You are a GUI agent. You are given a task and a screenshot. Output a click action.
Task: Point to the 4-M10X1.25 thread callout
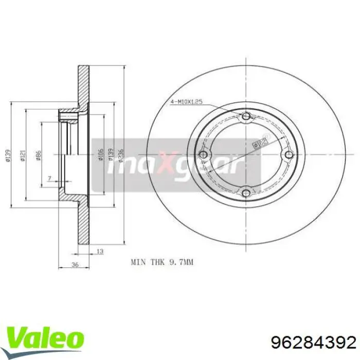[x=186, y=103]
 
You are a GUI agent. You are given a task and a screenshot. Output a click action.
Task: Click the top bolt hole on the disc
[x=246, y=117]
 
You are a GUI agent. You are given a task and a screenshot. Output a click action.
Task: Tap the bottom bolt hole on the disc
[x=246, y=193]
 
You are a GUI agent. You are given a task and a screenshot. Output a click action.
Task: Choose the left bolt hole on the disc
[x=204, y=155]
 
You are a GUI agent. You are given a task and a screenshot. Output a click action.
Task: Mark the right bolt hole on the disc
[x=288, y=155]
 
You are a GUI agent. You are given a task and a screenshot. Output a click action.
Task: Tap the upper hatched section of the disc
[x=83, y=87]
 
